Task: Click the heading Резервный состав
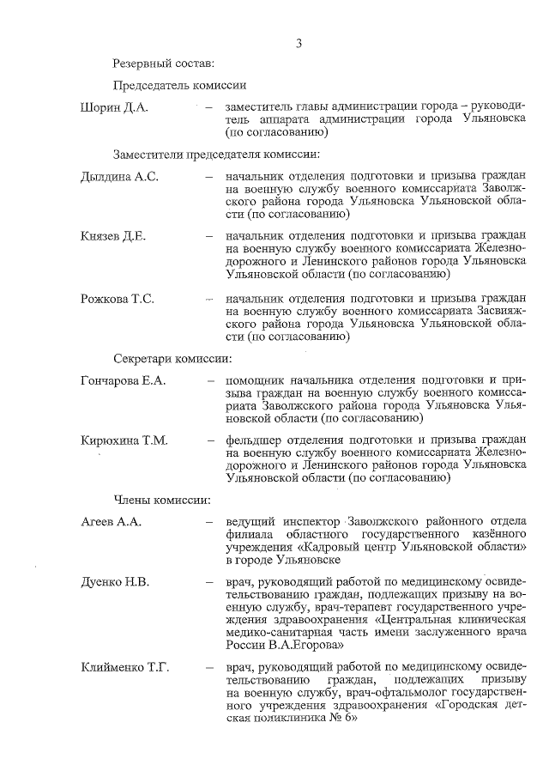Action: click(164, 63)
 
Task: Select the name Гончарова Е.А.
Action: click(123, 379)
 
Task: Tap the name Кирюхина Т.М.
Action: click(124, 440)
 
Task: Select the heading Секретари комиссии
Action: click(172, 358)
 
